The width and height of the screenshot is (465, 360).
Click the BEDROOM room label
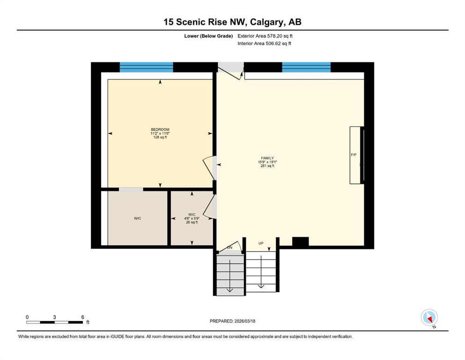160,129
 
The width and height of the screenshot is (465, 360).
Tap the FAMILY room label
267,158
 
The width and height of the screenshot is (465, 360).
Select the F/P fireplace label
354,155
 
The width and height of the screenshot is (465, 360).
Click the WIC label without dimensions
137,218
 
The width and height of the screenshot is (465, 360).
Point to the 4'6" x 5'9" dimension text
192,218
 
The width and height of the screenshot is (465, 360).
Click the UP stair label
261,243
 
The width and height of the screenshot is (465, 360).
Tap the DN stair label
229,247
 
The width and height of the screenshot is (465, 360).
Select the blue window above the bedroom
146,67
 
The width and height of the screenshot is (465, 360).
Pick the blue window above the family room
306,67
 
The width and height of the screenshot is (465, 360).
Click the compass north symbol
429,317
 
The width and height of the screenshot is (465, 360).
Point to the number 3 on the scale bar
55,317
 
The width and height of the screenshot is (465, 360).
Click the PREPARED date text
232,321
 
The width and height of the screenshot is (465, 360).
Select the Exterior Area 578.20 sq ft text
265,36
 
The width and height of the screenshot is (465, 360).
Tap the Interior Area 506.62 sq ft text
264,43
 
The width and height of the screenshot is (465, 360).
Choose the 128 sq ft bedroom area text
160,137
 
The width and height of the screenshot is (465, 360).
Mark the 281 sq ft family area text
267,166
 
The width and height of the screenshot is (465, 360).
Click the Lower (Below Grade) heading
208,36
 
